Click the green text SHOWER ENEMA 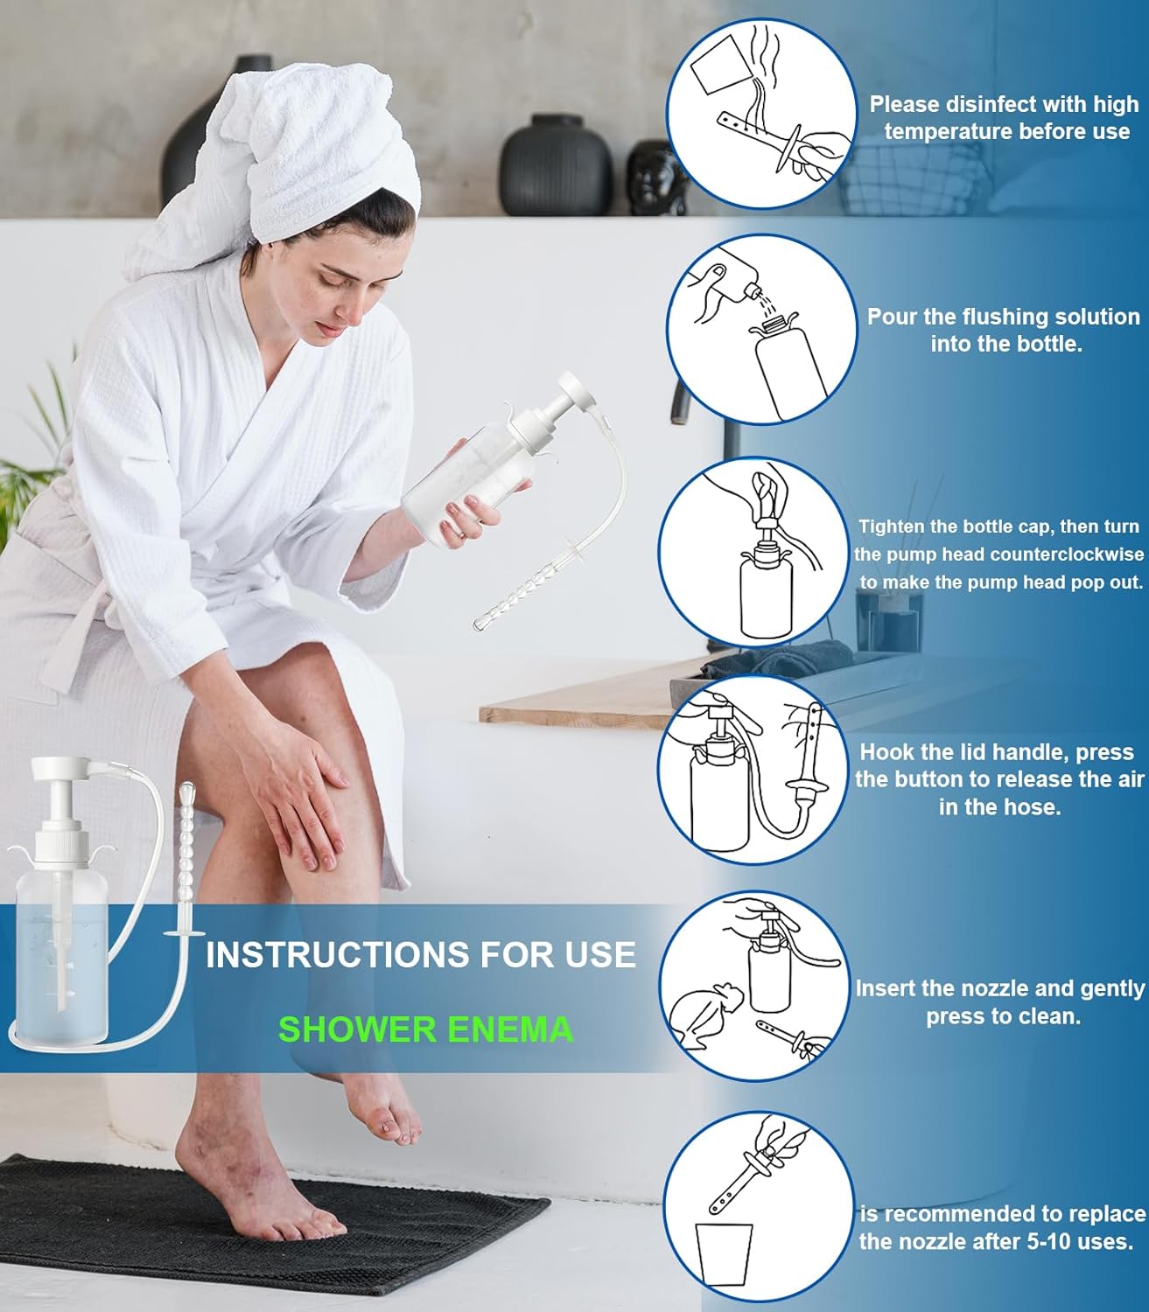425,1029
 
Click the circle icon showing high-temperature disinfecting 761,116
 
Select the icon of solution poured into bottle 761,331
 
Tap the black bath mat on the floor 263,1225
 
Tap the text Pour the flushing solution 1003,317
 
